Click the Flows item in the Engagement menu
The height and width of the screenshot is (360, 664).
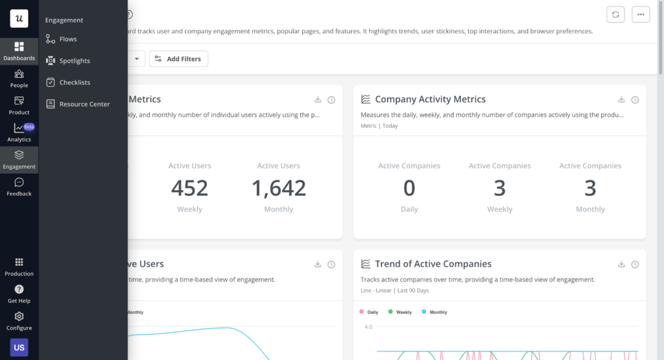(67, 39)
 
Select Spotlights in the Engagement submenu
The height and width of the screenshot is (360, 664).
(74, 61)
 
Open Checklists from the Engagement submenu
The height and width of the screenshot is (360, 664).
(74, 82)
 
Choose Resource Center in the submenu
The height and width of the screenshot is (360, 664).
(84, 104)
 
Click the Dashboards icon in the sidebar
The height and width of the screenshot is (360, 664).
(19, 47)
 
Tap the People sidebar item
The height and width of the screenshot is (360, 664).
(19, 74)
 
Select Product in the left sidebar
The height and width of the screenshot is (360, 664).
(19, 101)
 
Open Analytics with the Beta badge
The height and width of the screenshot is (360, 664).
(19, 128)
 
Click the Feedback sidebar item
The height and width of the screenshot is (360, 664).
(19, 183)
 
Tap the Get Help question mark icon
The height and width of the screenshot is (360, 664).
(19, 289)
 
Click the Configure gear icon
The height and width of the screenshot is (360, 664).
(19, 317)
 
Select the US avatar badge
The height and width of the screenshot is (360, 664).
(19, 347)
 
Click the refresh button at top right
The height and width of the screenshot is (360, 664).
(615, 14)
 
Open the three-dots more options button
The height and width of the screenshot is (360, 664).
(641, 14)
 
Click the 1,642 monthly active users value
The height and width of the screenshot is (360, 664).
(279, 188)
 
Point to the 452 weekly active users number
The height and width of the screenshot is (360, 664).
(189, 188)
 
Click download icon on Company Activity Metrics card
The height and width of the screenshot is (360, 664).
(621, 100)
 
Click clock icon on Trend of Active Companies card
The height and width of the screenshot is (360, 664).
(635, 265)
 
